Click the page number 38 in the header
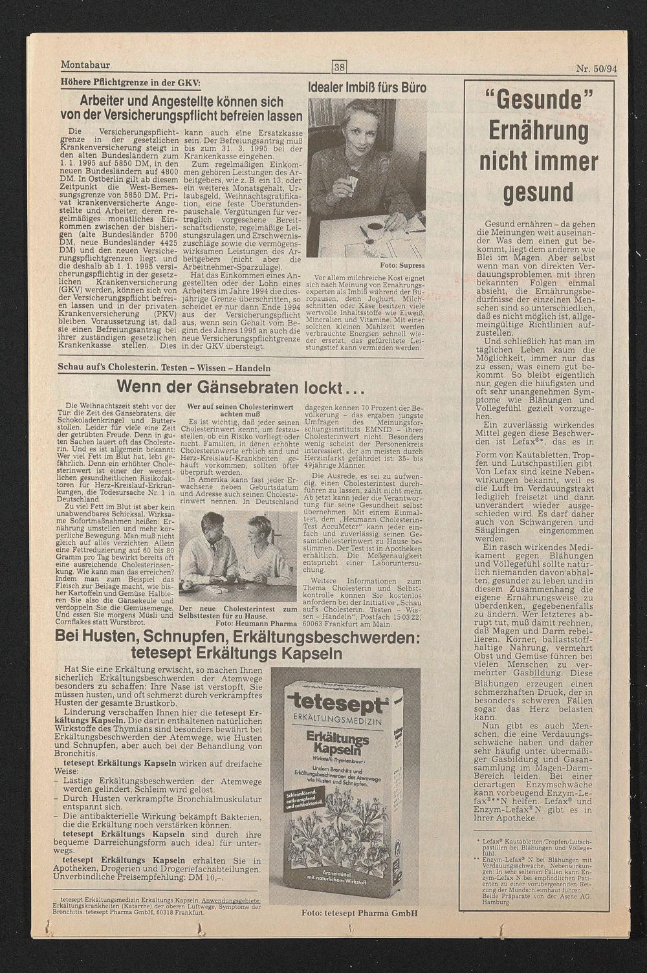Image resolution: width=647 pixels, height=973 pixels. tap(340, 66)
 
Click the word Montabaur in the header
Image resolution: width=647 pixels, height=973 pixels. tap(85, 65)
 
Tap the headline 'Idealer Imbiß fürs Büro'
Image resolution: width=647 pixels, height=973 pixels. tap(367, 87)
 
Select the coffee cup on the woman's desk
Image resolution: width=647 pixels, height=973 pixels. tap(374, 228)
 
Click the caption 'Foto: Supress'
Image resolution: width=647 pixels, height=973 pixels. tap(402, 265)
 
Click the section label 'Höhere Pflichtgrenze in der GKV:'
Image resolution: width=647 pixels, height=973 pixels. tap(130, 82)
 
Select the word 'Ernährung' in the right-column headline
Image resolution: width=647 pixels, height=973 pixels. tap(538, 131)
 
